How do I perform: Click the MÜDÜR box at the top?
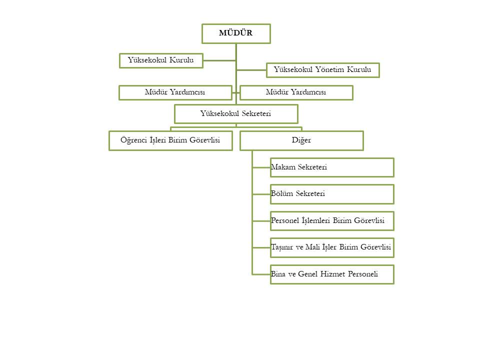[236, 33]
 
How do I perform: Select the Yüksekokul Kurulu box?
[161, 60]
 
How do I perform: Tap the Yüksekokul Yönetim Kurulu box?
[322, 70]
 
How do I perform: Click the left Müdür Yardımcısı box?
[175, 93]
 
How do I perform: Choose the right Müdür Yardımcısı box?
[296, 93]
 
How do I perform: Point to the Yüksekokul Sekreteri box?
[236, 114]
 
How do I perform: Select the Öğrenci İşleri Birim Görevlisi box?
[170, 141]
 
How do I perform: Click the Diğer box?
[301, 141]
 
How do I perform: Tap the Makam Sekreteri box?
[332, 167]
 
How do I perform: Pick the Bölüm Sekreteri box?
[332, 194]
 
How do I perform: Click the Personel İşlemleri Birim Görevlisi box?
[332, 221]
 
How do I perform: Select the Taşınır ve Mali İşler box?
[332, 247]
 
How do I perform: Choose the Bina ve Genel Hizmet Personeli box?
[332, 274]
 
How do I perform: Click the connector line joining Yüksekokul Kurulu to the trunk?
[219, 60]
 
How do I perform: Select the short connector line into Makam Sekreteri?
[261, 167]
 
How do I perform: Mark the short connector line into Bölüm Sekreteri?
[261, 194]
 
